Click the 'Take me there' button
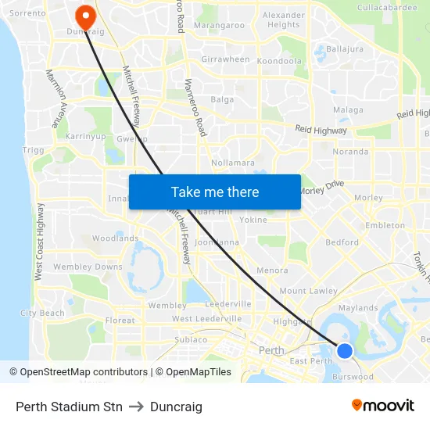215,192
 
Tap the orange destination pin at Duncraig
81,15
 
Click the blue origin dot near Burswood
345,351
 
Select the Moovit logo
383,406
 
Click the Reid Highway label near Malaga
321,131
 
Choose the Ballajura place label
345,48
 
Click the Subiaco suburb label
191,339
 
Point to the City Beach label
42,313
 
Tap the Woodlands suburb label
115,238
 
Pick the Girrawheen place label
225,59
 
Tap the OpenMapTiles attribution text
193,372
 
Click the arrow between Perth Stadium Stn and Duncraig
136,407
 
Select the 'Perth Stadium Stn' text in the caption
69,407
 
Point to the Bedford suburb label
342,242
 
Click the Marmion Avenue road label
54,98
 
